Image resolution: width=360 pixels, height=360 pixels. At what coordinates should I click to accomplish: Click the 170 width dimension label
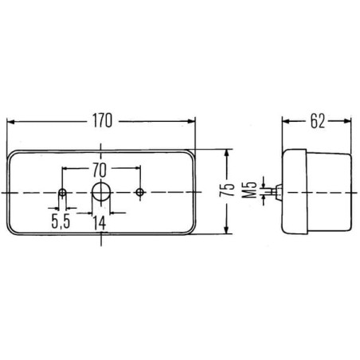[x=102, y=121]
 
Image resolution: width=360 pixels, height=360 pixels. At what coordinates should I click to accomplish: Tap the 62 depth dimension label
[x=318, y=122]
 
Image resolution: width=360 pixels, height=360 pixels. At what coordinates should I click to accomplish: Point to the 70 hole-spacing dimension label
[x=100, y=170]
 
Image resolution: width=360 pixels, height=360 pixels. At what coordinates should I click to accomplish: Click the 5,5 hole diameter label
[x=61, y=221]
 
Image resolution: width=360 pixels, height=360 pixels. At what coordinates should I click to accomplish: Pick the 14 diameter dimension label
[x=100, y=223]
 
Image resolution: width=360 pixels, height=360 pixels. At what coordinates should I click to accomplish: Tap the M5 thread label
[x=249, y=190]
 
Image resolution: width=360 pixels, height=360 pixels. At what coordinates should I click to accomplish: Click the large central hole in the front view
[x=100, y=192]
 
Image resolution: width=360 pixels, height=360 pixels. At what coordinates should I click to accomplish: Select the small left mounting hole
[x=62, y=193]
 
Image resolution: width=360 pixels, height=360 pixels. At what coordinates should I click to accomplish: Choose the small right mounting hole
[x=140, y=192]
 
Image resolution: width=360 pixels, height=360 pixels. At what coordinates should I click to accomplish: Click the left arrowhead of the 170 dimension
[x=10, y=122]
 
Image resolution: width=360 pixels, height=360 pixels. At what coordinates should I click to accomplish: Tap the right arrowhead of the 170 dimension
[x=191, y=121]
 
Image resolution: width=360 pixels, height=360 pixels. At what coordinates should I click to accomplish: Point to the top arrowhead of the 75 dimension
[x=226, y=154]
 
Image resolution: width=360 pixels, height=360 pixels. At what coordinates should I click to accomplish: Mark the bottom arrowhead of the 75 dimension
[x=226, y=230]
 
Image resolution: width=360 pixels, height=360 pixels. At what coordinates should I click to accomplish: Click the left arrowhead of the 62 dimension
[x=285, y=121]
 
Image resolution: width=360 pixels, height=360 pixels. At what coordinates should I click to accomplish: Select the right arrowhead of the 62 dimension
[x=347, y=121]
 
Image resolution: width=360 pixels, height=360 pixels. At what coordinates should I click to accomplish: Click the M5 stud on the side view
[x=276, y=192]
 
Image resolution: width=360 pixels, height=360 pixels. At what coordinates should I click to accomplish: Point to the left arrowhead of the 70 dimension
[x=65, y=168]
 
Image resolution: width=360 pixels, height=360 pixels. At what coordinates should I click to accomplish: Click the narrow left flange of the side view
[x=295, y=192]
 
